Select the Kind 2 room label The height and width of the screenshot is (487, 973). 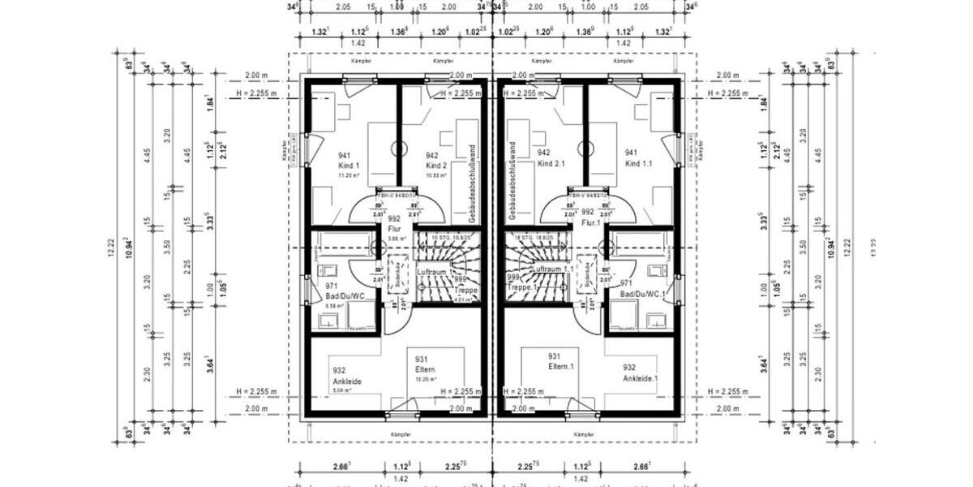coord(437,166)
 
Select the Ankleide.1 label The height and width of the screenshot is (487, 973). coord(641,379)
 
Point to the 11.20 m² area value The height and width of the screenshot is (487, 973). coord(347,175)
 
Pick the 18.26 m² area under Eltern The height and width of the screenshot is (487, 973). coord(426,379)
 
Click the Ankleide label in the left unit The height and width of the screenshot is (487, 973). coord(345,380)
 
